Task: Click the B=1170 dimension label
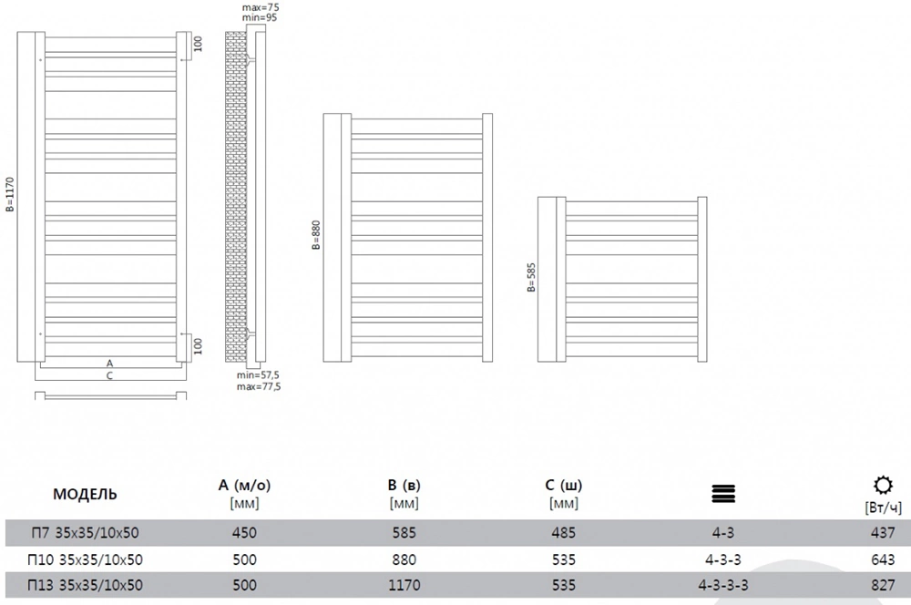click(10, 194)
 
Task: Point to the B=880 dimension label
click(316, 235)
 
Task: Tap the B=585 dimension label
click(531, 277)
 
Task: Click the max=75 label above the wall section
click(261, 7)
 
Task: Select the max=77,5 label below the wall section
click(259, 386)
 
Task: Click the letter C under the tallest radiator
click(109, 375)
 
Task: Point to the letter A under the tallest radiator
click(110, 364)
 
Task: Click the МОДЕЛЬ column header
click(85, 495)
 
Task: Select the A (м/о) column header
click(244, 486)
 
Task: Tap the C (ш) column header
click(564, 486)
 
